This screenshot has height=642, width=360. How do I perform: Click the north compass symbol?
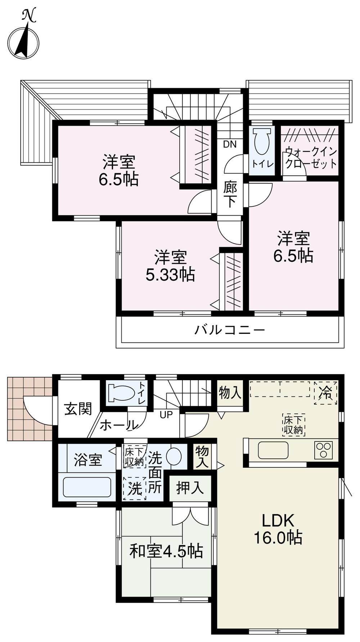24,38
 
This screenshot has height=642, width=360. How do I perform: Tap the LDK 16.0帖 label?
278,529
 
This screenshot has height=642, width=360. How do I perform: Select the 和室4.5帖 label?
166,551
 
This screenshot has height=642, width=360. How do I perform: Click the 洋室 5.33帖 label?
170,267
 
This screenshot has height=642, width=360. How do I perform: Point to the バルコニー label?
230,330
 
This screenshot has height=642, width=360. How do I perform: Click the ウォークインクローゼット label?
311,158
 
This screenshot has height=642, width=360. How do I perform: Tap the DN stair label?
230,144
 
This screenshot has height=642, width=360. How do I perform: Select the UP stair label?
166,414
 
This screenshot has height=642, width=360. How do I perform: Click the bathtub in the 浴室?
87,487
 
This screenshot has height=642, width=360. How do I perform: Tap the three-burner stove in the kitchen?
323,450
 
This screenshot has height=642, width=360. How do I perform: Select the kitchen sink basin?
273,450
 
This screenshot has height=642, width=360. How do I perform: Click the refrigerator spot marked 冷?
325,393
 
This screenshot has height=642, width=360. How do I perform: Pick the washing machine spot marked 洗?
135,489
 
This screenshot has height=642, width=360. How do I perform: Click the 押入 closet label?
190,488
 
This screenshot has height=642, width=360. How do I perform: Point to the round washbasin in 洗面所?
174,457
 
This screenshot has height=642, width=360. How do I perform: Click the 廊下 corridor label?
230,195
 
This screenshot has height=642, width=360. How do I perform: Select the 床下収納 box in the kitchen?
294,425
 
